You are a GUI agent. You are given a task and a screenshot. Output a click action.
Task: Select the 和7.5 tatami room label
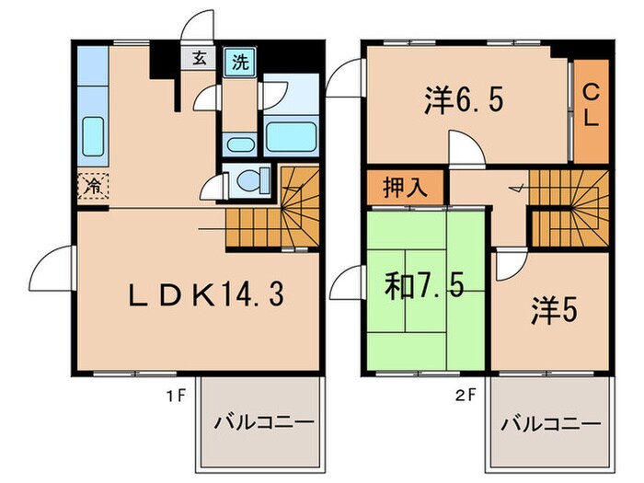(424, 287)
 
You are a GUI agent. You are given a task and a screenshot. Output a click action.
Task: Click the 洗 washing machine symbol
(239, 63)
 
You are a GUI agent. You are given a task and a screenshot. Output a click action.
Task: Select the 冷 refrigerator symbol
(93, 185)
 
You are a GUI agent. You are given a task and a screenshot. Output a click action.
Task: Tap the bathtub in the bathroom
(291, 138)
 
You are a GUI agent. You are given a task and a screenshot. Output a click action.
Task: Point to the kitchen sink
(93, 135)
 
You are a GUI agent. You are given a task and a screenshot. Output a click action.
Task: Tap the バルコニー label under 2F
(551, 424)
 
